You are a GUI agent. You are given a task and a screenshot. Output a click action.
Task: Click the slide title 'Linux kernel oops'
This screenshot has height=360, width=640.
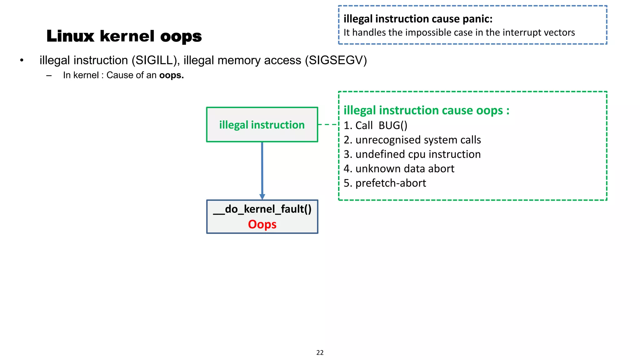124,36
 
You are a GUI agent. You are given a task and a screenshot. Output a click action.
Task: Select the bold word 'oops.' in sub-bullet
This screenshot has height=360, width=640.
172,75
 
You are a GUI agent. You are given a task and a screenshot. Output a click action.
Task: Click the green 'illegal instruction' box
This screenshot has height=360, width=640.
262,125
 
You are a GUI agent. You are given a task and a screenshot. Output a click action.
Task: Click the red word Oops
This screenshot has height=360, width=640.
262,224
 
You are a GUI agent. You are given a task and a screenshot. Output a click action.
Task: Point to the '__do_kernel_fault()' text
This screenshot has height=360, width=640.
262,209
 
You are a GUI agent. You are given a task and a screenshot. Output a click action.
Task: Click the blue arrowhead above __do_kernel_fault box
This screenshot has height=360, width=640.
262,197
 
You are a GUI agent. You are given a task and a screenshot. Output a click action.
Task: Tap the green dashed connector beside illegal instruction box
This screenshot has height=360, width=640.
328,124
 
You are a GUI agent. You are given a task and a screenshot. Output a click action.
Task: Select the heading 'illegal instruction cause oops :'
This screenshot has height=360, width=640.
426,110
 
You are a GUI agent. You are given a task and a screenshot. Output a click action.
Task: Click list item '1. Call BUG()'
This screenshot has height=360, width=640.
375,125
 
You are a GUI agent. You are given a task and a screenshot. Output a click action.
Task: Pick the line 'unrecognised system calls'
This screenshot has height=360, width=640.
418,140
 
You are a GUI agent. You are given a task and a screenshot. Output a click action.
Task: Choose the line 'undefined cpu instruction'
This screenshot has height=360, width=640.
418,154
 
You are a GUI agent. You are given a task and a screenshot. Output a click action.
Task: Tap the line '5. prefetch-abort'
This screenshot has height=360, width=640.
385,183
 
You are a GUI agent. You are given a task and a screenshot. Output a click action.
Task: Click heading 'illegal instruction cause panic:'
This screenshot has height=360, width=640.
418,19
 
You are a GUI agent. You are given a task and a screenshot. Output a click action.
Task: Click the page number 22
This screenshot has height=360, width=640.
320,352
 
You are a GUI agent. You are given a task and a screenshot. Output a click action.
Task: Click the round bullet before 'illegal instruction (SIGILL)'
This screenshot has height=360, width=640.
22,60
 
